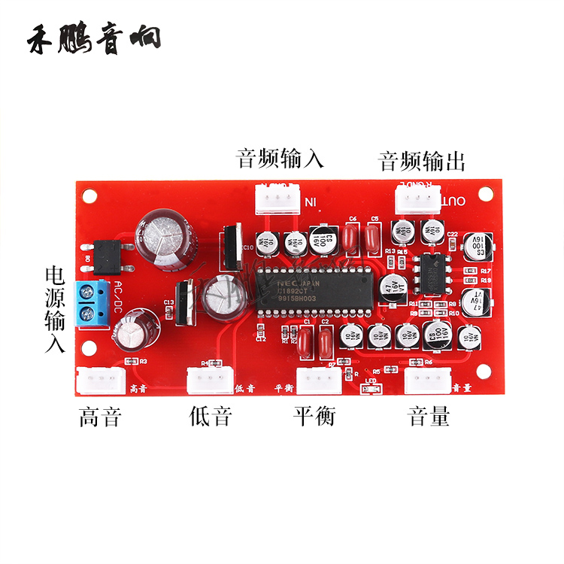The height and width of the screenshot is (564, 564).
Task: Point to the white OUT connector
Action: [x=417, y=200]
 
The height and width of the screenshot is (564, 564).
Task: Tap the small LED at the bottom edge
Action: [x=372, y=389]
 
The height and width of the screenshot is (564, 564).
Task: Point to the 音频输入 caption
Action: [x=280, y=159]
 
